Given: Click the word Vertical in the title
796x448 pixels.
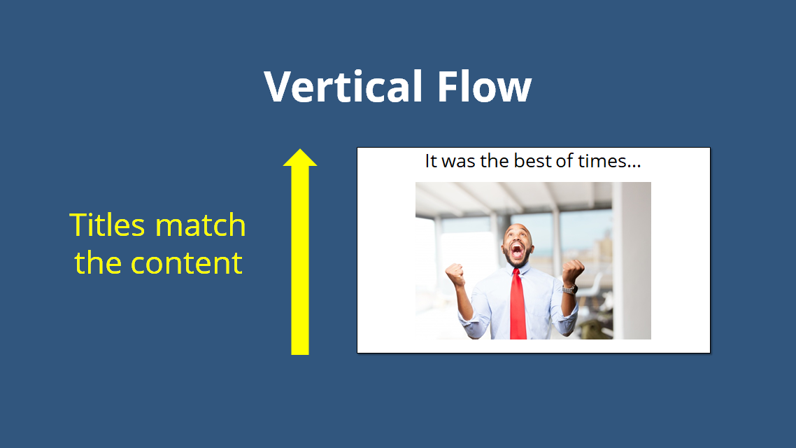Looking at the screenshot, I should (343, 87).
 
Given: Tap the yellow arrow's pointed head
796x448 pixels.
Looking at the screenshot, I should (300, 158).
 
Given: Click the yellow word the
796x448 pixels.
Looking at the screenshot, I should (99, 263).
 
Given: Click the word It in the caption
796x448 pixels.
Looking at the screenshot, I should (431, 161).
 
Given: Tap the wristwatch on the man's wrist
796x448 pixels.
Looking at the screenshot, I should (569, 288).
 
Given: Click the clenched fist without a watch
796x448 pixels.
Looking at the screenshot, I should (456, 274).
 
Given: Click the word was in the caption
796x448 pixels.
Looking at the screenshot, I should (457, 161).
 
